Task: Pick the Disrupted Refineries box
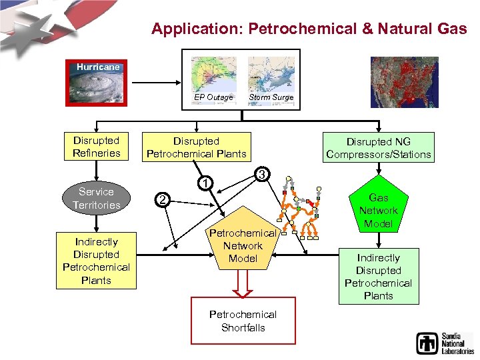(x=97, y=147)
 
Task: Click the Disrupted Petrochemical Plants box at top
(x=196, y=147)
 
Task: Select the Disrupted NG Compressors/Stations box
(x=379, y=147)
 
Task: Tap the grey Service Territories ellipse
(x=96, y=198)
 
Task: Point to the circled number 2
(x=161, y=199)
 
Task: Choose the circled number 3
(x=262, y=175)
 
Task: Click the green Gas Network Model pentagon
(x=378, y=207)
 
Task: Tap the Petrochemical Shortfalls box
(x=243, y=321)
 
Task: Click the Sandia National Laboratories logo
(x=444, y=342)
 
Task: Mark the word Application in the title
(x=185, y=29)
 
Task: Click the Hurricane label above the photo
(x=98, y=67)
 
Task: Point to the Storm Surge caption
(x=271, y=97)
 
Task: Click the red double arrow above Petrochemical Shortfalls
(x=243, y=283)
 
